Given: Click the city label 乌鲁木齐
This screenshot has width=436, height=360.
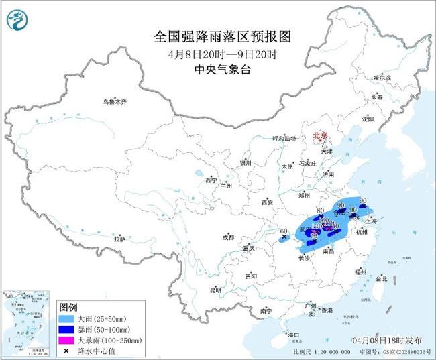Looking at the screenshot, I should point(114,101).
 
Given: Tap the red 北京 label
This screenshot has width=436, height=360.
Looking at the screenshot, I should point(320,136).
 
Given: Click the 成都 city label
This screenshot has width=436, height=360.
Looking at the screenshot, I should point(228,237).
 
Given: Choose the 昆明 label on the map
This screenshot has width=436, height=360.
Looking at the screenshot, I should point(215,290).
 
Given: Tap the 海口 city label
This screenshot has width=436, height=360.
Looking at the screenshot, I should point(292,333).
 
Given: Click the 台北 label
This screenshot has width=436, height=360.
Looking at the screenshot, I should point(381,278).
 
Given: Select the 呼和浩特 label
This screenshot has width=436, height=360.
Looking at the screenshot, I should point(284,138).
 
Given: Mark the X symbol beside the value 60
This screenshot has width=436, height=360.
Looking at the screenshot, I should point(284,237).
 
